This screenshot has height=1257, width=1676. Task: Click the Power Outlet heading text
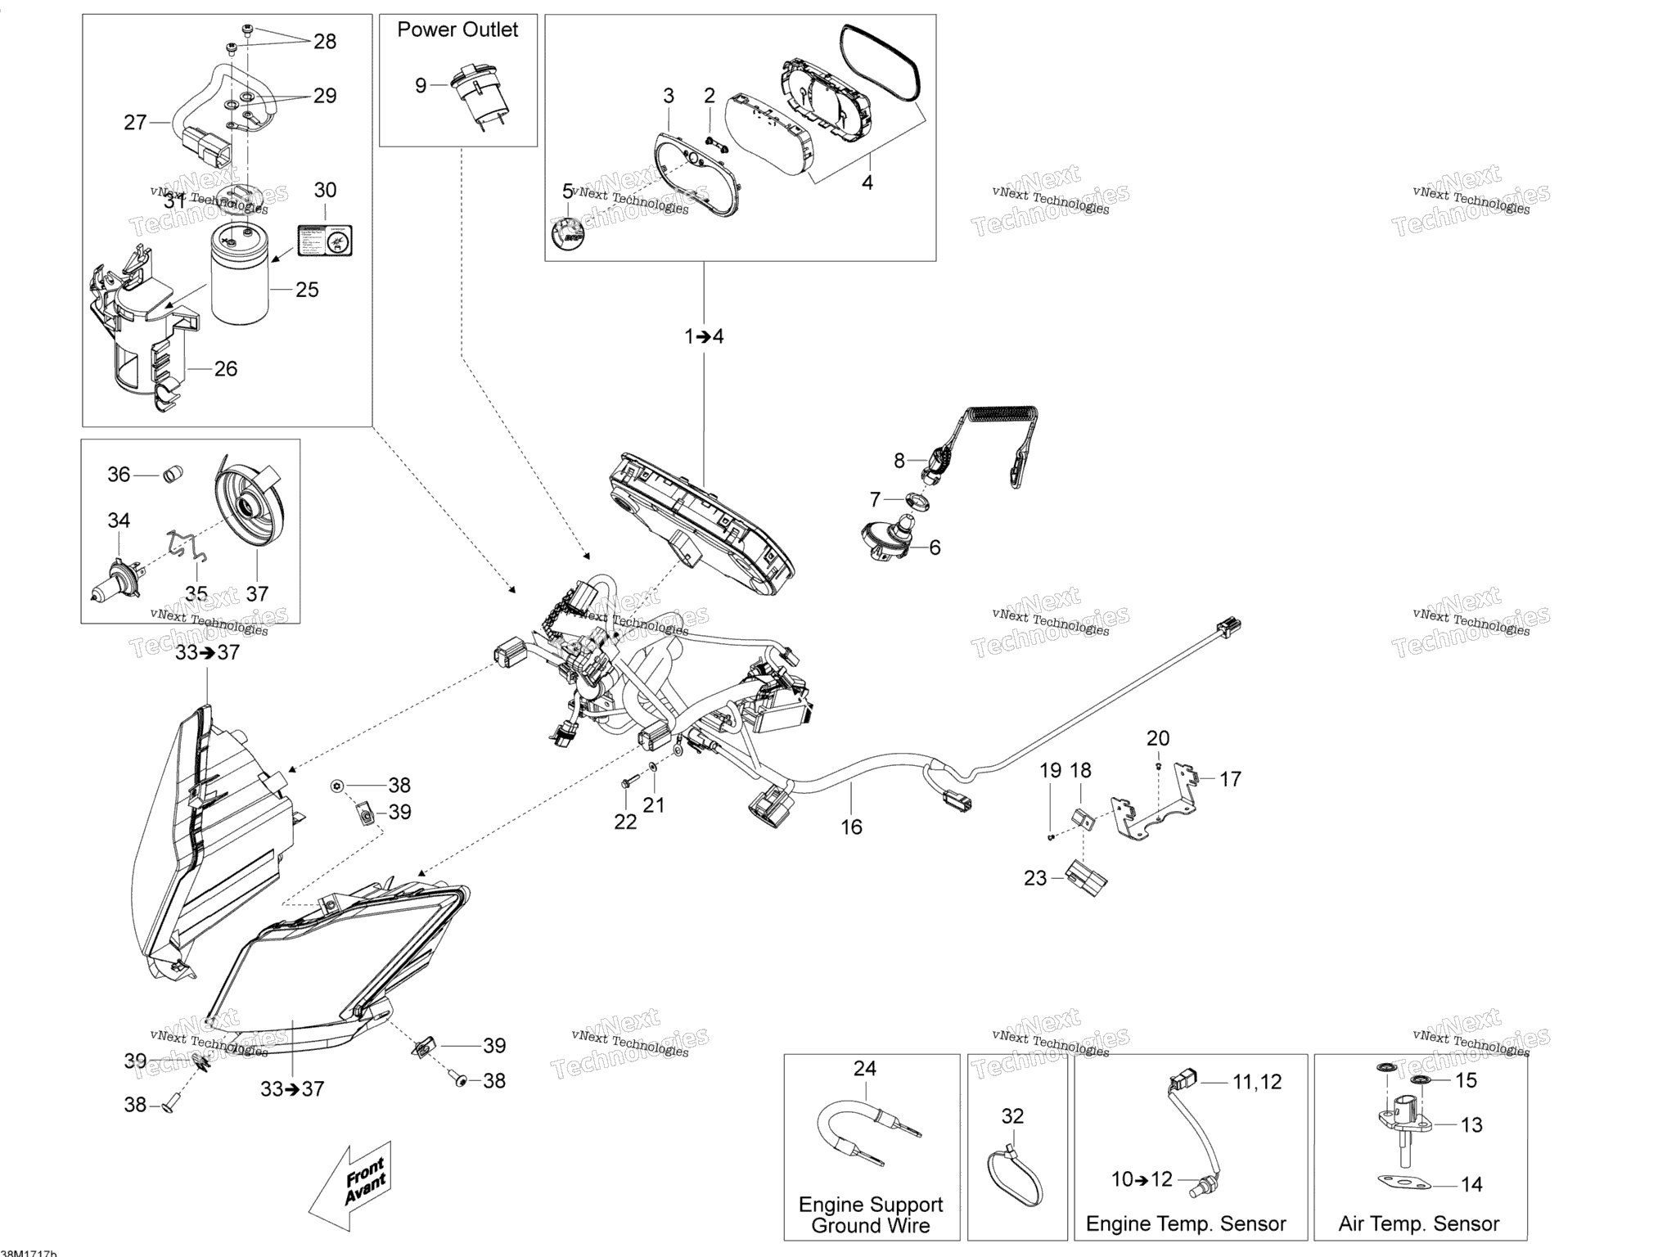457,30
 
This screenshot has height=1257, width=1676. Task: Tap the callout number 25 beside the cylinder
307,290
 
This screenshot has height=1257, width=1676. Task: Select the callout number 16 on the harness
852,827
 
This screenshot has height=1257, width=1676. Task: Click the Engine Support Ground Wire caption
871,1214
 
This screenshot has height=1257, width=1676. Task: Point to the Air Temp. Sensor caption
1419,1224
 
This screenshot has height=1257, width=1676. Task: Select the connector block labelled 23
1088,879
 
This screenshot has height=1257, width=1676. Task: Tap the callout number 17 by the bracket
1230,779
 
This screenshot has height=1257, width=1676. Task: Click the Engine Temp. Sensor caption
1186,1224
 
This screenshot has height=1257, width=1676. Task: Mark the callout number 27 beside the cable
135,123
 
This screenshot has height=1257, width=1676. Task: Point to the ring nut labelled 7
918,499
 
